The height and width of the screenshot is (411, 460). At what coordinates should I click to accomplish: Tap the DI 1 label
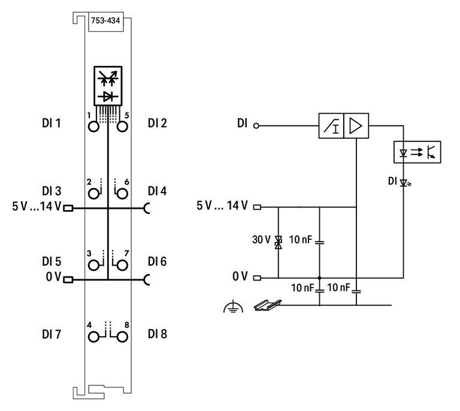coord(53,124)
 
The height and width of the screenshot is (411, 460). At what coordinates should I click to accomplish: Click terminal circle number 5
coord(122,127)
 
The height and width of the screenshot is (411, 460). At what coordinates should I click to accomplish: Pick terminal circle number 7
coord(122,265)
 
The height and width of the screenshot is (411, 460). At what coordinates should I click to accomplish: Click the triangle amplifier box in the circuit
coord(356,126)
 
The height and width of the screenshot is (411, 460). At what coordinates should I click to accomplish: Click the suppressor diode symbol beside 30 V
coord(278,242)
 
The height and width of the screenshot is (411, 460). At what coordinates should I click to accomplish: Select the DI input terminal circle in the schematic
coord(256,126)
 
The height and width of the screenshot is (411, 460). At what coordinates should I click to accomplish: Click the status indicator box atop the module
coord(108,86)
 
